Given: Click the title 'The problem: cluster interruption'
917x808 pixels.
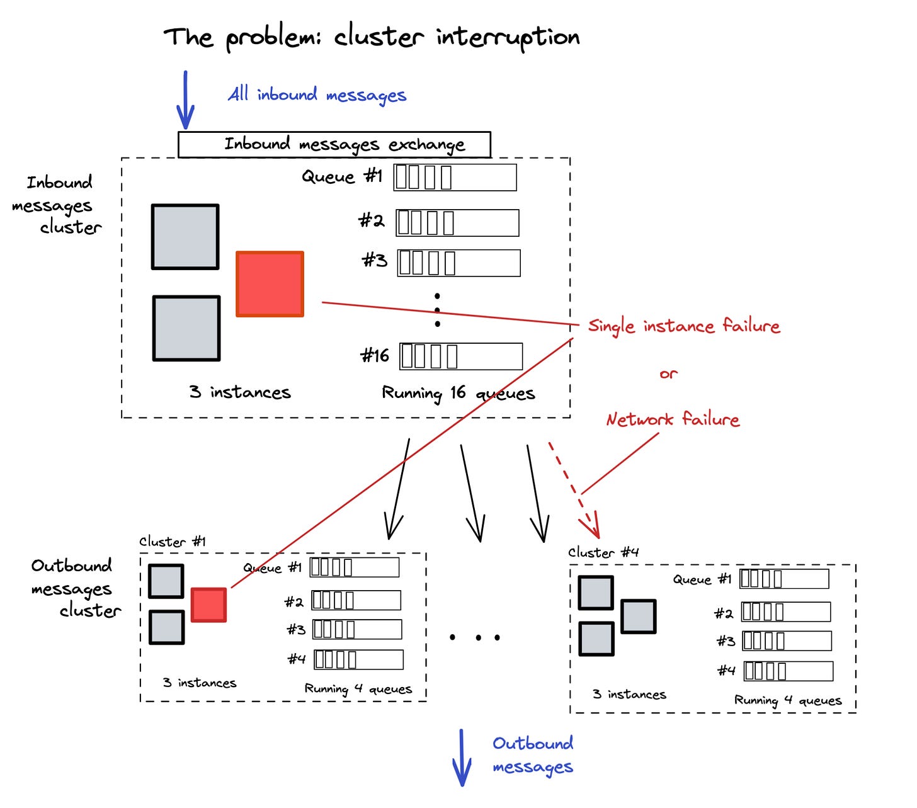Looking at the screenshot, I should [x=372, y=38].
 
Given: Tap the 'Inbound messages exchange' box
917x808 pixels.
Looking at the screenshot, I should [x=334, y=145].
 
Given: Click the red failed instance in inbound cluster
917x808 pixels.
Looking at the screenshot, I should [x=270, y=284].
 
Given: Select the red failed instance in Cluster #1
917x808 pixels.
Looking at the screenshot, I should [x=208, y=605].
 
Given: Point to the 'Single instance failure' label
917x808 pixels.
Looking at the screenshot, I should [x=684, y=326].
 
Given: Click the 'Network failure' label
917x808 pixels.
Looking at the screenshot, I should [x=673, y=419].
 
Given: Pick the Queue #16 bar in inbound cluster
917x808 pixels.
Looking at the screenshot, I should [x=461, y=356].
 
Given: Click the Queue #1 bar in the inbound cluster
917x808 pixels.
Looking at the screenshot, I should [x=455, y=178].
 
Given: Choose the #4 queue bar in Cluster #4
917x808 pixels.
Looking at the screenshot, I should [x=789, y=671].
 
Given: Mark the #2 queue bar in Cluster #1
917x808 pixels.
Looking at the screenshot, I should [x=356, y=600].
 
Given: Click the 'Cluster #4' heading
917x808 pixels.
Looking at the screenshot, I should [x=603, y=553].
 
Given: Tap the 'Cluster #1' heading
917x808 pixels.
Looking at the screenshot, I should [x=173, y=542].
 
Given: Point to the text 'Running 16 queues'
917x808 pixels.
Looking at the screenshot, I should [x=458, y=394].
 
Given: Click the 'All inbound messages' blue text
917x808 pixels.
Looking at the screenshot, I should [x=317, y=95].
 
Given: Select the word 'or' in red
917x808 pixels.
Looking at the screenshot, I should [x=669, y=374].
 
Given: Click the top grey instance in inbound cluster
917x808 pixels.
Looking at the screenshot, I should [x=185, y=237].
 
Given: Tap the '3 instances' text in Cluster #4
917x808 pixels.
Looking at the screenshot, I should [x=629, y=695].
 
